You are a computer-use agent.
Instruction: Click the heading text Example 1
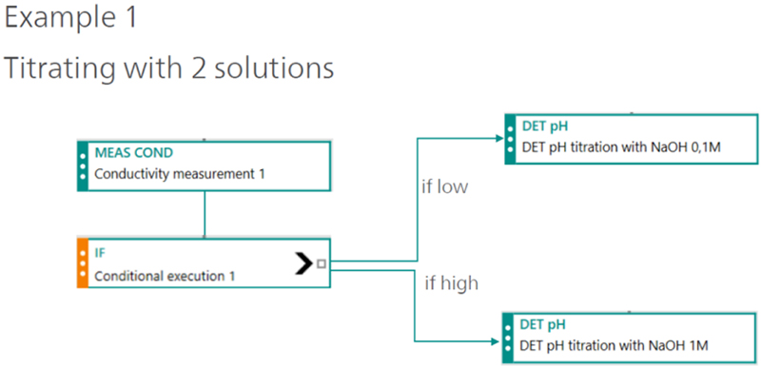(x=71, y=18)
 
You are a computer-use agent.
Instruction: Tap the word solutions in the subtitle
(x=268, y=68)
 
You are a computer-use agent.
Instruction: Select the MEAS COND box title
(x=133, y=153)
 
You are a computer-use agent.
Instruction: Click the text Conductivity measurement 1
(x=180, y=174)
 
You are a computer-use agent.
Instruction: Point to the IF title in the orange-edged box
(x=99, y=253)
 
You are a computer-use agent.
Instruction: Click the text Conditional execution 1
(x=165, y=276)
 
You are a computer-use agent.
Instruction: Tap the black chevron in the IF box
(x=303, y=263)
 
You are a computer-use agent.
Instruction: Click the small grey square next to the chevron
(x=322, y=263)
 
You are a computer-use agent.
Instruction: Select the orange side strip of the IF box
(x=83, y=263)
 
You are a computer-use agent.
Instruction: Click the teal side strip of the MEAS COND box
(x=83, y=165)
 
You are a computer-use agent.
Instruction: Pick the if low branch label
(x=444, y=187)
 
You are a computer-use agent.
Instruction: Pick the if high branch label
(x=451, y=283)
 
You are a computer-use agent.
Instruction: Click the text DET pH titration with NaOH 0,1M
(x=621, y=147)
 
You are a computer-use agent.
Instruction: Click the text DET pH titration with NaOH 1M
(x=614, y=346)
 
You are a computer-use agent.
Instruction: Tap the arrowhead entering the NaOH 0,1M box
(x=500, y=139)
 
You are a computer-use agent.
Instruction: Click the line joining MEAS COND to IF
(x=205, y=214)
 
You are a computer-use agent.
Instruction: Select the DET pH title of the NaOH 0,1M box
(x=544, y=126)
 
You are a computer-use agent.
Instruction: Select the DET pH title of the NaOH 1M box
(x=542, y=324)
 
